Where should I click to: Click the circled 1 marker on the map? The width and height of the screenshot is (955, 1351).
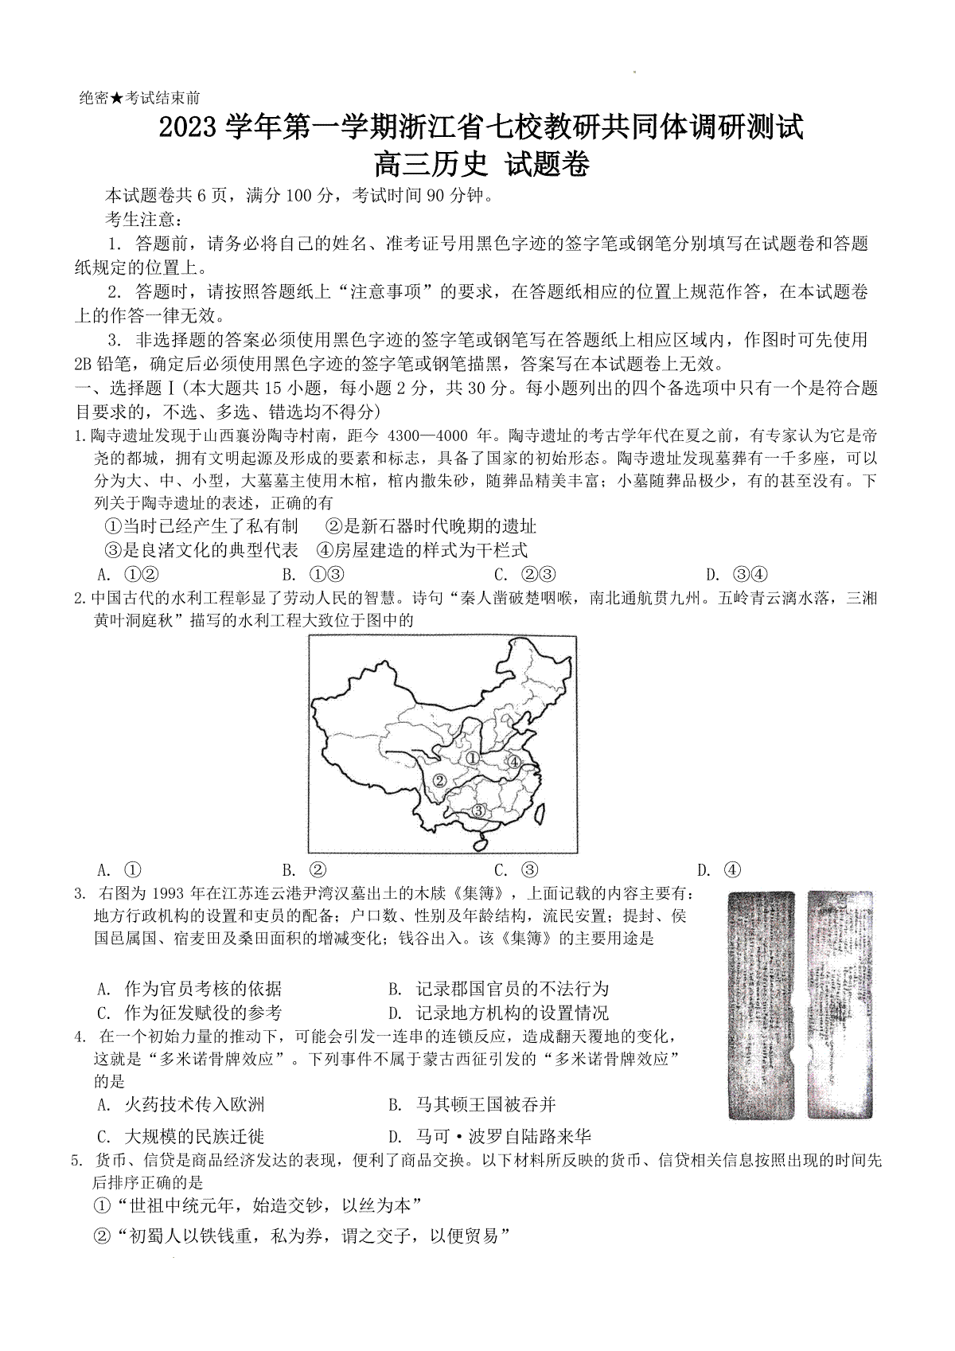point(473,759)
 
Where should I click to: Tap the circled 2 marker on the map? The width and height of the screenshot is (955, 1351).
point(438,781)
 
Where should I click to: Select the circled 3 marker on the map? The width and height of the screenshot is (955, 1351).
point(478,810)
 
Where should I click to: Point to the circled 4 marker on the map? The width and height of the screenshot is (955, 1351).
point(514,762)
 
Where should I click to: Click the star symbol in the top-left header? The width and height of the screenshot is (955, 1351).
point(117,98)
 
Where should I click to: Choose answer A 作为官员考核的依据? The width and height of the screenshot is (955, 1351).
point(190,989)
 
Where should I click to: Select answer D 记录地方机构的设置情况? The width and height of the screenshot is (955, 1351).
point(500,1013)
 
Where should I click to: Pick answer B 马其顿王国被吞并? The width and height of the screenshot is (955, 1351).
point(473,1104)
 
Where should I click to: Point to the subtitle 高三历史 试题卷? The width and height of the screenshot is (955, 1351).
point(481,165)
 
